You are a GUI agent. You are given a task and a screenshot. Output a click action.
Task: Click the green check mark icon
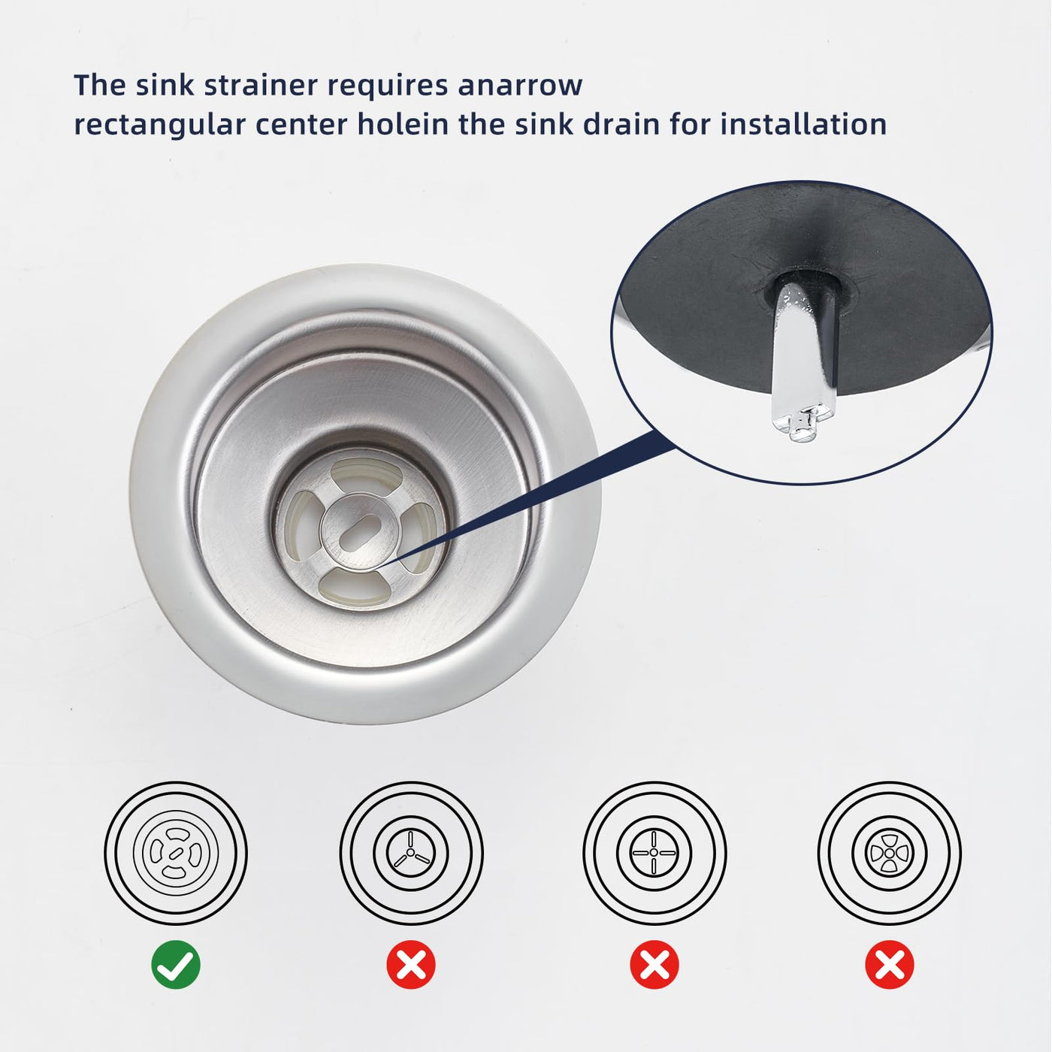[x=176, y=965]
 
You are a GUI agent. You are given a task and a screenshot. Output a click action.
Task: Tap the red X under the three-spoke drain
[x=411, y=965]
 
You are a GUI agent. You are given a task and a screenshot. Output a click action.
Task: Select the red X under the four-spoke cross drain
[x=654, y=965]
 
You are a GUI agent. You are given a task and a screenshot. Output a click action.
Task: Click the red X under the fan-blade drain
[x=890, y=965]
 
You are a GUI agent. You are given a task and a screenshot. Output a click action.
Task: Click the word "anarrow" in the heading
[x=520, y=86]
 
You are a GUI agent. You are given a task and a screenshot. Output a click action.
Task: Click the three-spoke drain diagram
[x=411, y=852]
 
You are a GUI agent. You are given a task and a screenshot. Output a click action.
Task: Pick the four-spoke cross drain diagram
[x=654, y=852]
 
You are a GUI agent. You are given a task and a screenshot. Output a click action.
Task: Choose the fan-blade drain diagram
[x=889, y=852]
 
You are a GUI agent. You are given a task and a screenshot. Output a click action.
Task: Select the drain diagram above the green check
[x=176, y=852]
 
